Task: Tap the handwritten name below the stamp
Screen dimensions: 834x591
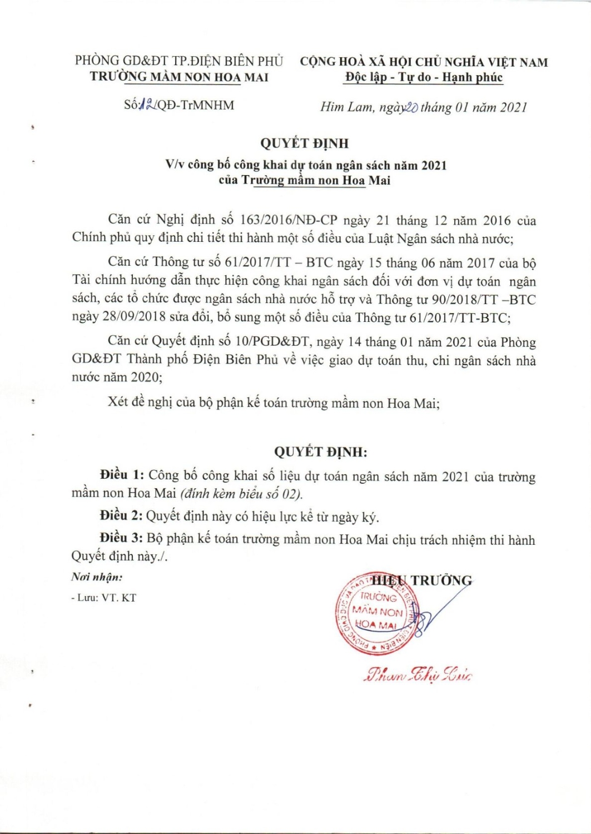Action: [x=418, y=675]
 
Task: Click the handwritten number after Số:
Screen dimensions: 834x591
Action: [x=147, y=105]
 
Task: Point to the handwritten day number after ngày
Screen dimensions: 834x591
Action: [x=413, y=107]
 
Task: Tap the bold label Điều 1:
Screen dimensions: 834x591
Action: [x=122, y=475]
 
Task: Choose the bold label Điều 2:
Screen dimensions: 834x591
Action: [x=121, y=516]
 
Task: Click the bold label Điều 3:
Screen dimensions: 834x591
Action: [x=121, y=539]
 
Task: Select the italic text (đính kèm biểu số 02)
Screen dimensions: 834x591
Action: [x=241, y=494]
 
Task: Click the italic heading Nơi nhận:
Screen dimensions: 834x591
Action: [x=97, y=577]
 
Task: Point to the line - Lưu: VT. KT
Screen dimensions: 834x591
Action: [x=103, y=598]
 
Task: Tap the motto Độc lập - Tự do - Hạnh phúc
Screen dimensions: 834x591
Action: [x=424, y=77]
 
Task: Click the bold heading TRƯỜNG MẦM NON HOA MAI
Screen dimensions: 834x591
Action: [x=179, y=77]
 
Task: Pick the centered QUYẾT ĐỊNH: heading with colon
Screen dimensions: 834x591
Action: [x=321, y=451]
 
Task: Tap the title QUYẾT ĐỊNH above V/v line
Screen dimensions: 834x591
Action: [x=305, y=143]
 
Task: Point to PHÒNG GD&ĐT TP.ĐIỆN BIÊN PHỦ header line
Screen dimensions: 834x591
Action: [x=179, y=61]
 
